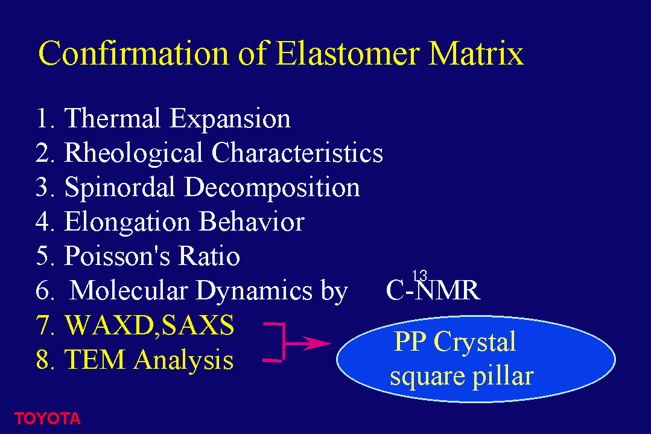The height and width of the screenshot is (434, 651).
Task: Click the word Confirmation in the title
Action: coord(133,53)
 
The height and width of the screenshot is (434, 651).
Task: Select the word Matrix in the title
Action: coord(476,53)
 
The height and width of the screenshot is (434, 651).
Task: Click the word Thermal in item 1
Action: coord(112,118)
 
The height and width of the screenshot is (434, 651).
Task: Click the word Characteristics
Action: coord(297,153)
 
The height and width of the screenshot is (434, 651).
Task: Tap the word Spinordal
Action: coord(119,188)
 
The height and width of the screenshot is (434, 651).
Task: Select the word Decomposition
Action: coord(272,188)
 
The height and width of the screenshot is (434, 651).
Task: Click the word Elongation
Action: coord(127,222)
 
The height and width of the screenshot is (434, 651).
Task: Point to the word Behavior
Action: coord(252,221)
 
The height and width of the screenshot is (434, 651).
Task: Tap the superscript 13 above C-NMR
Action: coord(419,276)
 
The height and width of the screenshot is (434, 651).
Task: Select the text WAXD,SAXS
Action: coord(150,325)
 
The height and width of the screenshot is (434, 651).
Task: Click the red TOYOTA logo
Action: coord(47,419)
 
